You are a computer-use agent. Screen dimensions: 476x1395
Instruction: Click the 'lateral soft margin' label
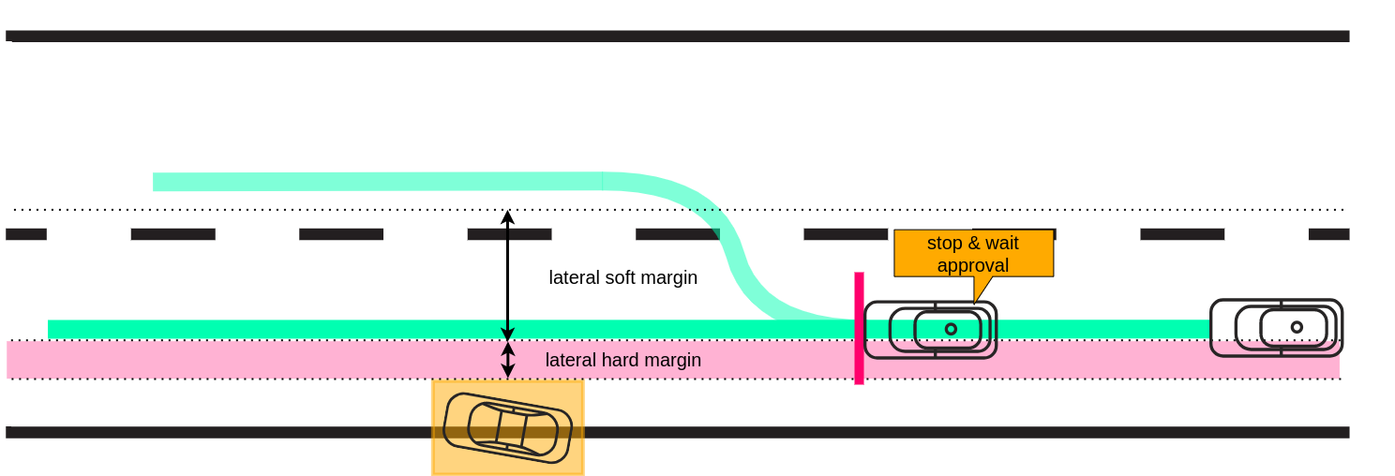click(x=622, y=277)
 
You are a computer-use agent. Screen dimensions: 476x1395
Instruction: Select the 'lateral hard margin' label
click(x=622, y=360)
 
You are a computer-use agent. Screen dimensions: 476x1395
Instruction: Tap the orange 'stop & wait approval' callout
click(x=973, y=253)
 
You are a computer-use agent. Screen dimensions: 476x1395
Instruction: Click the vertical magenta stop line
click(x=859, y=328)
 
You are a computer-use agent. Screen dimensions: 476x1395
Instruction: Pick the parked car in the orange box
click(x=507, y=427)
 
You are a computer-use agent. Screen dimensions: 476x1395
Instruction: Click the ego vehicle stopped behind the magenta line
click(x=930, y=329)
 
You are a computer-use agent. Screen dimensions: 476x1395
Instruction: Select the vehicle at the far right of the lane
click(x=1276, y=327)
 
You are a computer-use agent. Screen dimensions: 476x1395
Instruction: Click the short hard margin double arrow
click(x=507, y=360)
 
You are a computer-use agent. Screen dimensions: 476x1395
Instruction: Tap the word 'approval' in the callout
click(x=973, y=265)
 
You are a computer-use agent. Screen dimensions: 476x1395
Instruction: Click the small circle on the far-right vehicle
click(x=1297, y=327)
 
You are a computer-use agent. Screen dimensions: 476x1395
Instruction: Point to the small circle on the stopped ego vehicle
click(x=951, y=329)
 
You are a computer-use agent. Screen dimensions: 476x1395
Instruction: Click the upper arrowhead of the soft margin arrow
click(x=507, y=216)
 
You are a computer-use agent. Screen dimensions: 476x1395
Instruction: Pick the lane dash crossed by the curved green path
click(x=677, y=234)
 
